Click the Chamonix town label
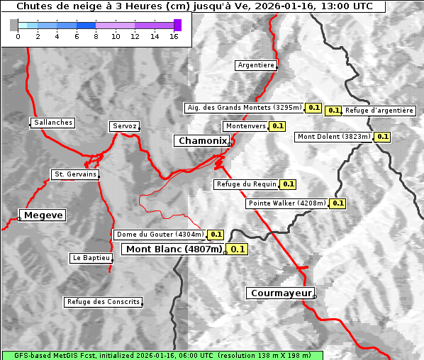pos(202,141)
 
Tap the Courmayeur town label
pos(281,293)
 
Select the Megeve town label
pos(43,215)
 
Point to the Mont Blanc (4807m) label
pos(174,249)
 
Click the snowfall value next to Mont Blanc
pos(238,249)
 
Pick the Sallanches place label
pos(53,123)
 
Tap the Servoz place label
pos(124,126)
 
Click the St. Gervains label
pos(75,174)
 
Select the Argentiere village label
pos(256,65)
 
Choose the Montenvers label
pos(245,126)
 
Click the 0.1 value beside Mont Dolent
pos(382,137)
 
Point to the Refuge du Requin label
pos(246,184)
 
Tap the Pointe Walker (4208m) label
pos(287,203)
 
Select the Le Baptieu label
pos(91,258)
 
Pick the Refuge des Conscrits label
pos(103,302)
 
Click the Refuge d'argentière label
pos(379,111)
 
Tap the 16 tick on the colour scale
pos(174,37)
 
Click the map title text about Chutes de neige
pos(193,6)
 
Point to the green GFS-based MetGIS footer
pos(162,355)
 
